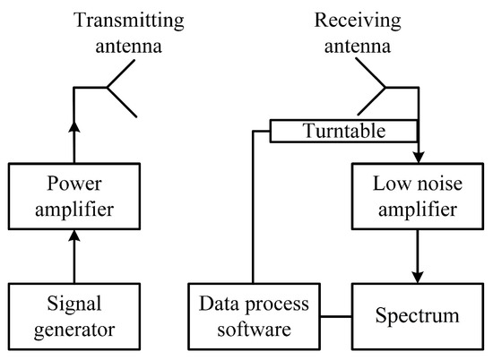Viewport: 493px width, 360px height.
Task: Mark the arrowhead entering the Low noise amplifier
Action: tap(418, 160)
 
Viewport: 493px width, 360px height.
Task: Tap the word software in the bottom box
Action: tap(254, 329)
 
